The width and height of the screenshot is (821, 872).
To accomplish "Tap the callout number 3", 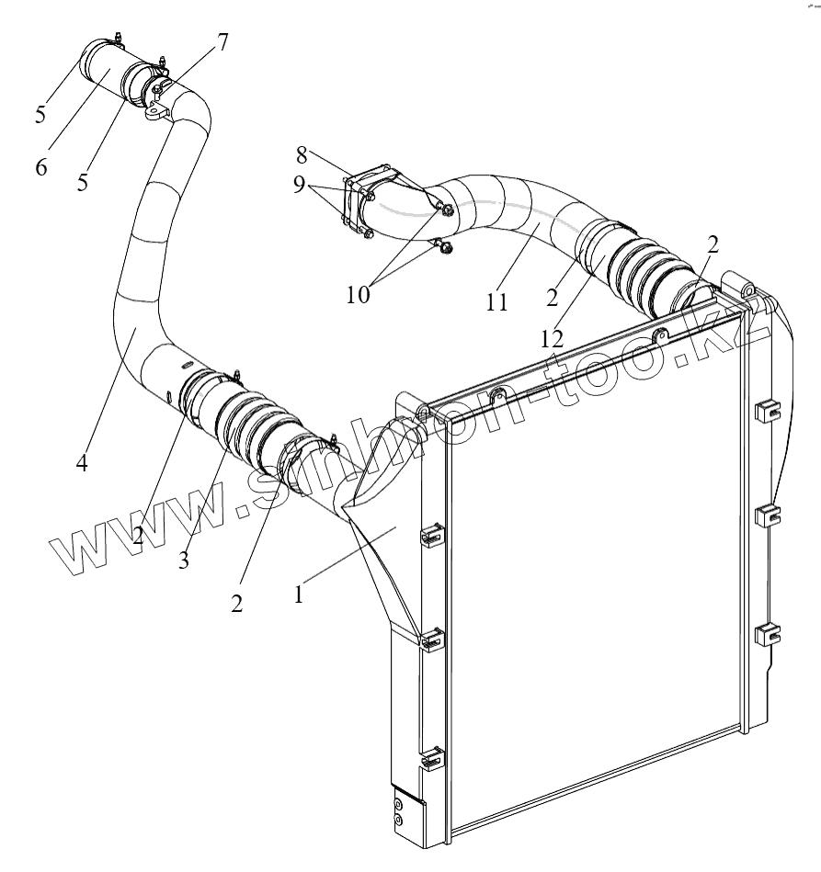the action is pos(184,561).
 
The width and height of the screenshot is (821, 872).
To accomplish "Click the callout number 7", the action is pos(223,42).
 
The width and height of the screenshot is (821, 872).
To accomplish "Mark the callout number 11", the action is pos(497,300).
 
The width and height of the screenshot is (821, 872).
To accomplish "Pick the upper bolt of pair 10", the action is pos(446,211).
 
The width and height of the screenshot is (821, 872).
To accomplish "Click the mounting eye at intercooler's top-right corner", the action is pos(747,290).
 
